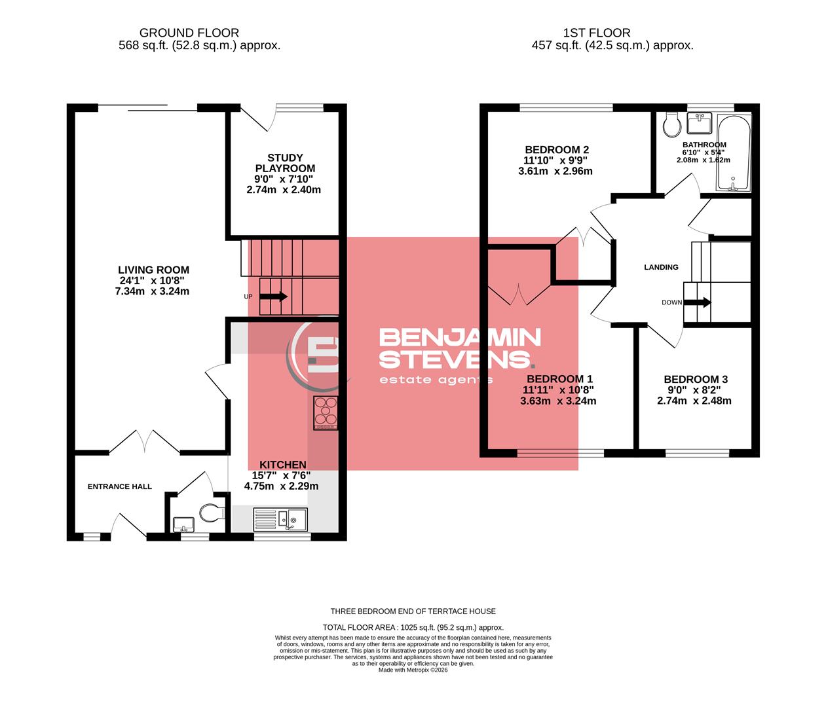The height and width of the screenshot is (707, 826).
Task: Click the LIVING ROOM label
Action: point(153,270)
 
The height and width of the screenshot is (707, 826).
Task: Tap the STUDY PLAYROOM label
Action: point(285,163)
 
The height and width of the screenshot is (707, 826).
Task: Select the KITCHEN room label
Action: point(283,464)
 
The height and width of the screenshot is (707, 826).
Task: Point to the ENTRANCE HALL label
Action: point(120,486)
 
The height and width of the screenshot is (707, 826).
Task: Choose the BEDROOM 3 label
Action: point(695,380)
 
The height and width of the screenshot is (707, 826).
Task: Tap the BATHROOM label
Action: point(704,145)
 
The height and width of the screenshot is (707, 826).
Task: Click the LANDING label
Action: point(661,267)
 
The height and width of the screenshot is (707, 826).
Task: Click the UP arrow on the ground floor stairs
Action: point(273,297)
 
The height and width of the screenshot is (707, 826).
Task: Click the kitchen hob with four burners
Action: point(326,412)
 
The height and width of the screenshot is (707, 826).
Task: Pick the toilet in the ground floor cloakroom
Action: point(211,512)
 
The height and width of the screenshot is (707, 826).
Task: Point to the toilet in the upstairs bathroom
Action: point(671,124)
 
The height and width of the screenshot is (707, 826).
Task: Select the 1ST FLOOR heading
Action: point(596,33)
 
